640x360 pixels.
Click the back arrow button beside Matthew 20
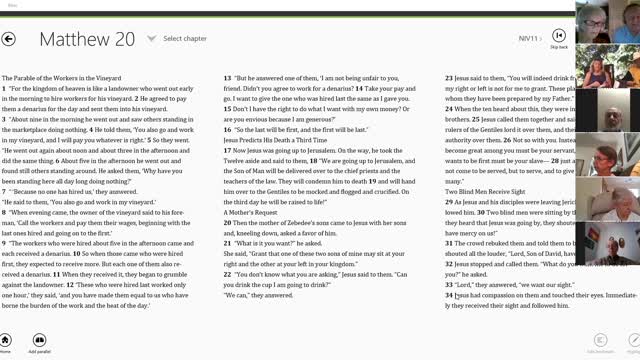click(9, 39)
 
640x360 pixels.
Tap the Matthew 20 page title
click(87, 39)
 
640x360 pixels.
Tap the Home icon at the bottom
click(6, 340)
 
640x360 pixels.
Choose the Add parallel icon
click(39, 340)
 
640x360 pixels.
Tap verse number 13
click(227, 77)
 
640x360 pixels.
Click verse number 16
click(227, 130)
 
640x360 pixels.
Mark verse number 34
click(449, 296)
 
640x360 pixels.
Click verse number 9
click(4, 243)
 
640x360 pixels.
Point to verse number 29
click(449, 201)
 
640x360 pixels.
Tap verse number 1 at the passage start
click(4, 89)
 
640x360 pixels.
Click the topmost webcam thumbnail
click(592, 21)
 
